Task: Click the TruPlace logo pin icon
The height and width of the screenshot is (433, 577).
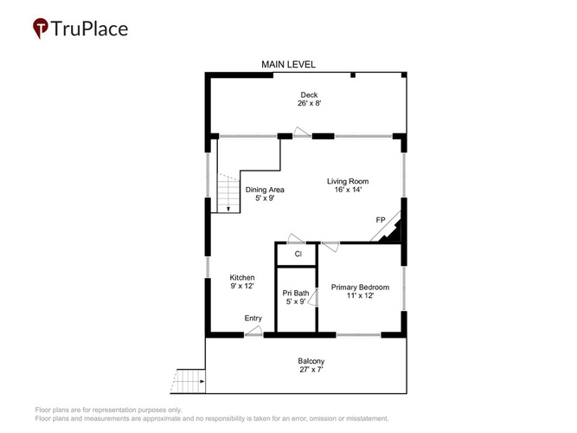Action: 41,28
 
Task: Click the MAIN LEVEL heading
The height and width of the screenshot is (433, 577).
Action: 289,64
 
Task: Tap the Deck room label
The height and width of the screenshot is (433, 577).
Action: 309,94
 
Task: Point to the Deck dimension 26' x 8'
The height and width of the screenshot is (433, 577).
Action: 309,103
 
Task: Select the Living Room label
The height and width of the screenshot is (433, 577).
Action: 348,181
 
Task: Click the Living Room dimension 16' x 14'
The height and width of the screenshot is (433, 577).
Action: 348,190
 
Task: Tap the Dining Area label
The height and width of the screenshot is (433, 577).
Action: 265,190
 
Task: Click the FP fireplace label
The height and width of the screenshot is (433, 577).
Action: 381,220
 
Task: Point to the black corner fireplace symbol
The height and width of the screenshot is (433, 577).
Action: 392,234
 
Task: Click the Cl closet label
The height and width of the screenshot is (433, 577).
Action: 298,254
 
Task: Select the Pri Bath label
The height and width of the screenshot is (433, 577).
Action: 296,293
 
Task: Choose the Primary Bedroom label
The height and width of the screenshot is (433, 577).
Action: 360,287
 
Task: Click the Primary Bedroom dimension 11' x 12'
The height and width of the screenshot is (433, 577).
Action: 360,295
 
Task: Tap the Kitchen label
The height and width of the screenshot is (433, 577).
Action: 242,277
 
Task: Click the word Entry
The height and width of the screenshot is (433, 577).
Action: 253,318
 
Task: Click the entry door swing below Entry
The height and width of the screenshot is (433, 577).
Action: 253,332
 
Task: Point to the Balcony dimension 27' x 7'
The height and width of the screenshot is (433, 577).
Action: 311,370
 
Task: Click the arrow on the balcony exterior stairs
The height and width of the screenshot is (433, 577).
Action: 202,381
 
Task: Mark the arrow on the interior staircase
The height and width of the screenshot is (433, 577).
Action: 228,209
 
